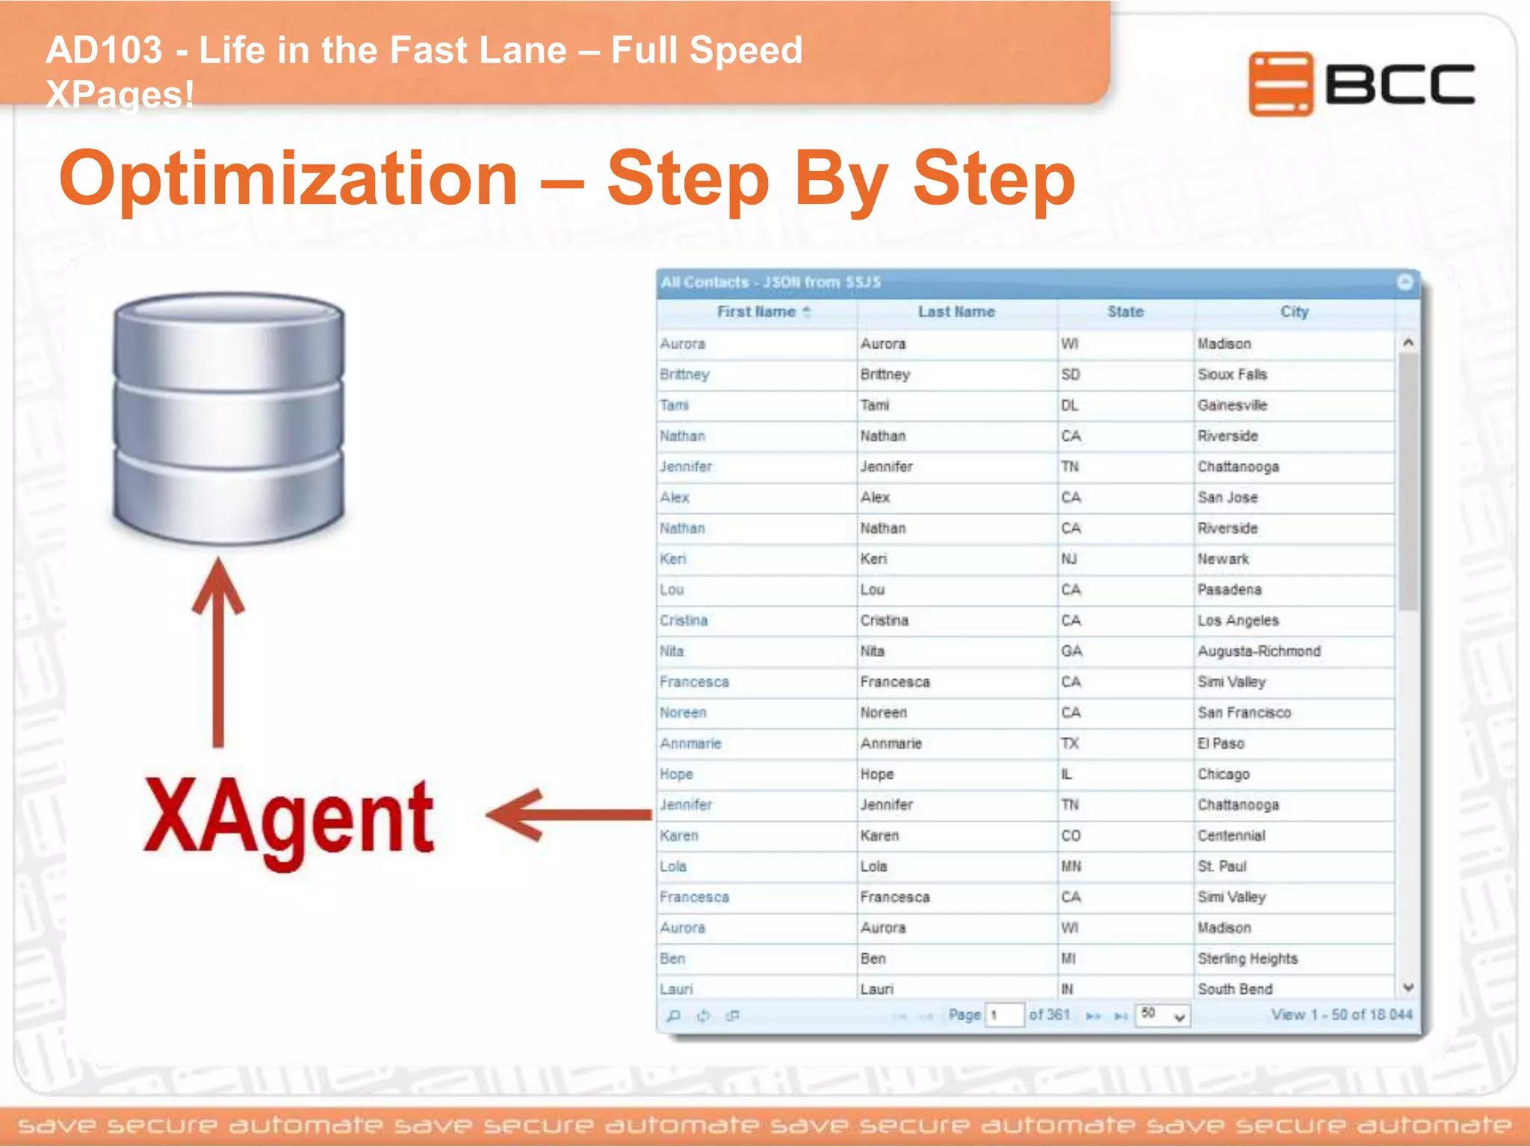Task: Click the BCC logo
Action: click(x=1361, y=84)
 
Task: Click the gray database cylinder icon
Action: click(x=229, y=418)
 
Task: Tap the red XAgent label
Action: click(x=288, y=820)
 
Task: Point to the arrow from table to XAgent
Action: click(x=568, y=814)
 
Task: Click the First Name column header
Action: click(x=756, y=312)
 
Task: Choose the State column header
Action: click(x=1125, y=312)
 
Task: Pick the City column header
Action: click(x=1294, y=312)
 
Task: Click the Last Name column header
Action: click(x=956, y=312)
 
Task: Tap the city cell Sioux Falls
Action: click(x=1232, y=374)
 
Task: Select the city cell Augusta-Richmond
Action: click(x=1259, y=651)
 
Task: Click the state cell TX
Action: click(x=1070, y=744)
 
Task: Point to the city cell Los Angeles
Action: click(x=1238, y=621)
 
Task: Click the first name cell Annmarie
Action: click(x=690, y=744)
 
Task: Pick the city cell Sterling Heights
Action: click(x=1248, y=959)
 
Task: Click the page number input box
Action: click(x=1004, y=1015)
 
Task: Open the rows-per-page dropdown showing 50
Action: click(x=1162, y=1015)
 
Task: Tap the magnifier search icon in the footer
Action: click(x=673, y=1016)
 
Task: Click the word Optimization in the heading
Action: click(x=288, y=179)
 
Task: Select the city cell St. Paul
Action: click(x=1222, y=866)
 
